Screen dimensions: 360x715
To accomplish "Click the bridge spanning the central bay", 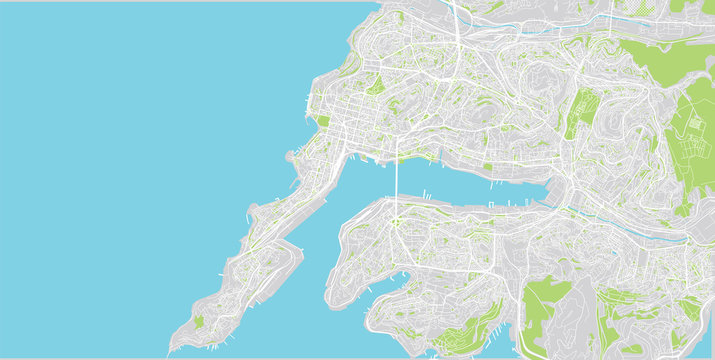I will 397,180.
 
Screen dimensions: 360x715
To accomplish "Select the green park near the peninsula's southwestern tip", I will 198,322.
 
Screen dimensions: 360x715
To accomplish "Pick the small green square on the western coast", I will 323,121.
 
